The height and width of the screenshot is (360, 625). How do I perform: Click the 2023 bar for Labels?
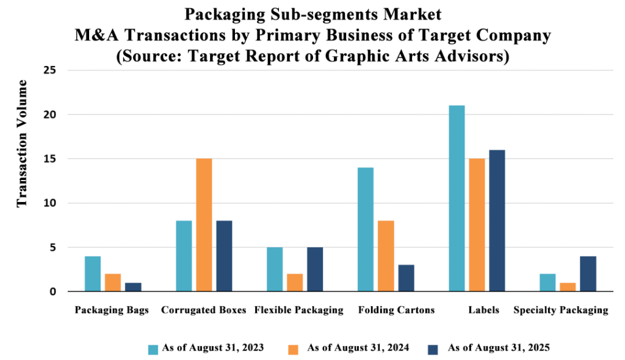457,198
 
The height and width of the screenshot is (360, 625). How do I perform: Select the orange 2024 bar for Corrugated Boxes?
204,225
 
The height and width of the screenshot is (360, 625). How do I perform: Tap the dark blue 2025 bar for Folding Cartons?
406,278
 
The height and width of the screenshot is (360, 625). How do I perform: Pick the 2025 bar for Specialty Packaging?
588,274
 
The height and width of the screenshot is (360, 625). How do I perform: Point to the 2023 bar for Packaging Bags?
93,274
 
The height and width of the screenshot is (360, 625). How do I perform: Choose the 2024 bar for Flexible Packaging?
295,283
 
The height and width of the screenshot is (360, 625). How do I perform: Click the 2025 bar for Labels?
497,220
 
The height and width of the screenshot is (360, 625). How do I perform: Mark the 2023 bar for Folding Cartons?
366,229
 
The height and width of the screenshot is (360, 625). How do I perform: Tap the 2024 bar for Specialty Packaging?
568,287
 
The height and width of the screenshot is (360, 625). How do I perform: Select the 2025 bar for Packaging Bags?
133,287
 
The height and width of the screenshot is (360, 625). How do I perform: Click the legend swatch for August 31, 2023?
153,349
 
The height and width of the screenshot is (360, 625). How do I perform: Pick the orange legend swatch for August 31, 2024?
294,349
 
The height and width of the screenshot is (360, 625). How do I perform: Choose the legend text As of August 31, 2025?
499,348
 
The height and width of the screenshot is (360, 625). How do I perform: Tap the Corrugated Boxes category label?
204,310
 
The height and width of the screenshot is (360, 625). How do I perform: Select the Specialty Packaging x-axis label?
561,310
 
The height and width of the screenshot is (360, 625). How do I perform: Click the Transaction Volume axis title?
22,143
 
